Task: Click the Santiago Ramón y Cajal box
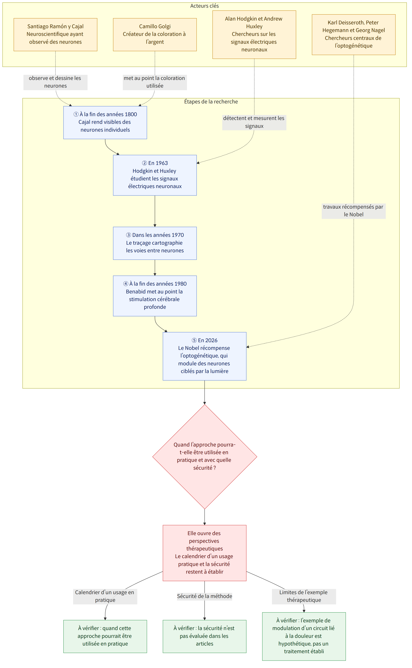coord(55,35)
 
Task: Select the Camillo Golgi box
coord(155,35)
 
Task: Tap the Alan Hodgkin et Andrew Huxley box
coord(254,35)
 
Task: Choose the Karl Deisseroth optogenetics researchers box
coord(354,35)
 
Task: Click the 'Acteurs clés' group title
coord(204,6)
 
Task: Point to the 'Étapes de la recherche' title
coord(211,101)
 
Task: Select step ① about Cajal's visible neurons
coord(105,122)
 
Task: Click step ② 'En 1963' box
coord(155,175)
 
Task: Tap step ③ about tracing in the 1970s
coord(155,243)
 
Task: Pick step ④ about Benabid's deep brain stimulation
coord(155,296)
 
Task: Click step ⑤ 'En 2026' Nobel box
coord(205,356)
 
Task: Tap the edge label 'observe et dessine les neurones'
coord(55,82)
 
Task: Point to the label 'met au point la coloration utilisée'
coord(155,82)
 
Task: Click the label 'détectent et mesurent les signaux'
coord(254,122)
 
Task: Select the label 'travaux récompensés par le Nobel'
coord(354,211)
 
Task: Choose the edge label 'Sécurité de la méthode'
coord(205,596)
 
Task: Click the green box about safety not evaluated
coord(205,636)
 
